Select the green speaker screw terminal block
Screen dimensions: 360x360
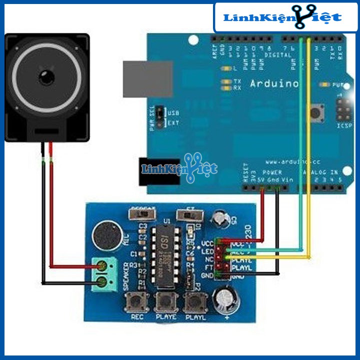(x=103, y=273)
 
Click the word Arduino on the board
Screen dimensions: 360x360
(x=274, y=83)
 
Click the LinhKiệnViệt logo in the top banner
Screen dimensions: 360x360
(x=282, y=18)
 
